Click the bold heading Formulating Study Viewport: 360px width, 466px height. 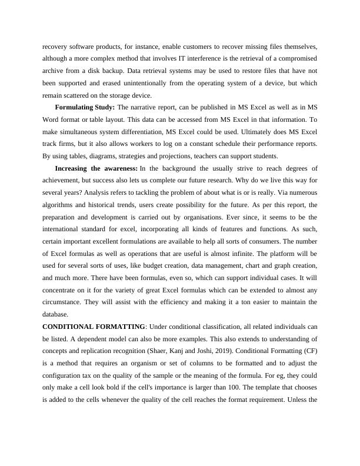[x=85, y=107]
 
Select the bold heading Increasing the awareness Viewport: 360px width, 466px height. [x=96, y=168]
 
